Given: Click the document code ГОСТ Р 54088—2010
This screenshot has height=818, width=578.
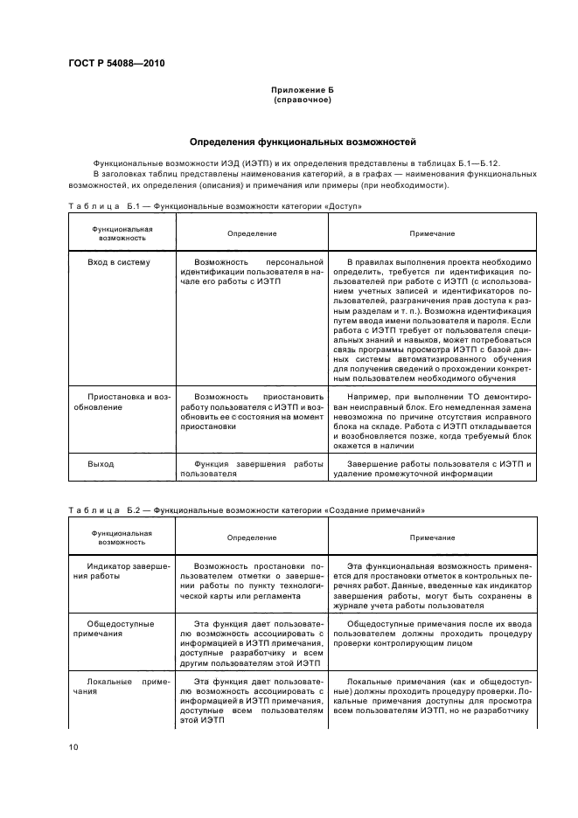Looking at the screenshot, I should pyautogui.click(x=116, y=64).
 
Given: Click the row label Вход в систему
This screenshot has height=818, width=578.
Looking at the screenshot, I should pyautogui.click(x=119, y=261).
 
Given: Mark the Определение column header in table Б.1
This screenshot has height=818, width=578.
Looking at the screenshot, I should pyautogui.click(x=252, y=233).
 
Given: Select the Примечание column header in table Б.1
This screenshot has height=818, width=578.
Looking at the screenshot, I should pyautogui.click(x=432, y=233).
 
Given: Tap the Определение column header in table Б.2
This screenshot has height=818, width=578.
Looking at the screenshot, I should pyautogui.click(x=252, y=537).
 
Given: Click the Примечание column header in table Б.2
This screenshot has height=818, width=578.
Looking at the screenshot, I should pyautogui.click(x=432, y=537).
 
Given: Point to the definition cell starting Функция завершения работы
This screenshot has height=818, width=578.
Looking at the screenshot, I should pyautogui.click(x=252, y=468).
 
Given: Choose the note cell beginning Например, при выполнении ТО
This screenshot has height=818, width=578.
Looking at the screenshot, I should pyautogui.click(x=432, y=420).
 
